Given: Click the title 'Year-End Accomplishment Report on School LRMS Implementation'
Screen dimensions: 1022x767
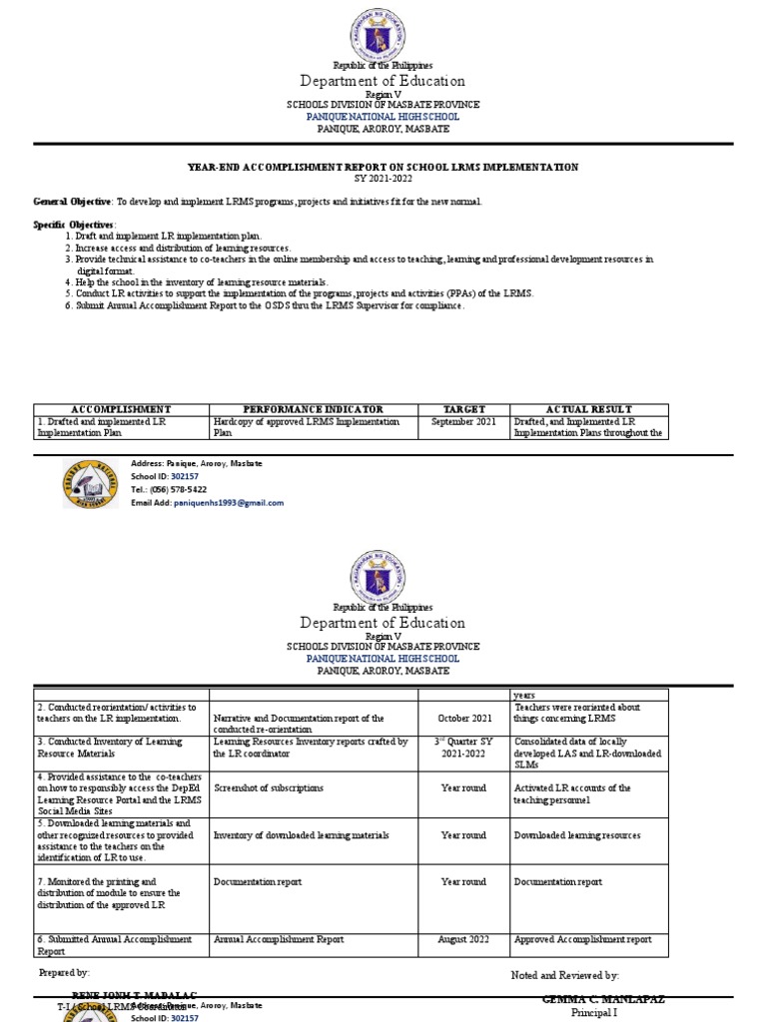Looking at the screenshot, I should (383, 167).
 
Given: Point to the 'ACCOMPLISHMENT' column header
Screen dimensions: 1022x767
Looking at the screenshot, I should (121, 409).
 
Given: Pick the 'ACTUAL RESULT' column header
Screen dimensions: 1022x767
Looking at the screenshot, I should (589, 409).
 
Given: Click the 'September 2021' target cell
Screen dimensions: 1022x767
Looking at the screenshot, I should (463, 422).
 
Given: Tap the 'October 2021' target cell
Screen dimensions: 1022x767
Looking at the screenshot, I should (464, 718).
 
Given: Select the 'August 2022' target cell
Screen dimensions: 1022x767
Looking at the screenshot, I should (463, 939).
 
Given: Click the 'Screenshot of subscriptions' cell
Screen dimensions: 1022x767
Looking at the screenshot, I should (269, 787).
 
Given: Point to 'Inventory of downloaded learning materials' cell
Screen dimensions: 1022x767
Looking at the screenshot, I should (301, 835).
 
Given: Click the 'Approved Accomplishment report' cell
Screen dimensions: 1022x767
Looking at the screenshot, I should (582, 939).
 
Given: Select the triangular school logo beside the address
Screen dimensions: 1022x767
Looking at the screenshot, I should (92, 484).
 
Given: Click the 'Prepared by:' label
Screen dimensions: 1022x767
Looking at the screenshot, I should (64, 972).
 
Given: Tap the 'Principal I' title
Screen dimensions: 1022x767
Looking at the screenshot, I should (594, 1013).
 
